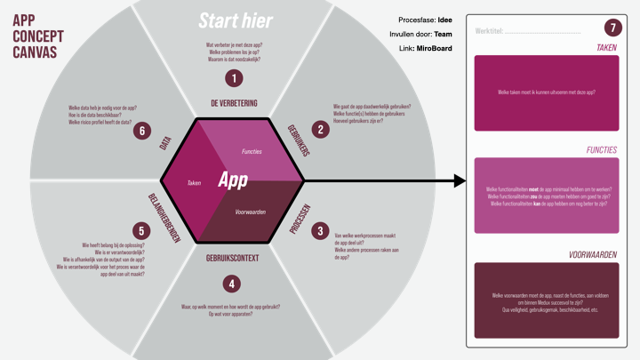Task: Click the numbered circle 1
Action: pos(234,78)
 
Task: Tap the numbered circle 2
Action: pos(322,129)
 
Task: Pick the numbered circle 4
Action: pos(233,284)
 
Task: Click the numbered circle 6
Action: pos(140,131)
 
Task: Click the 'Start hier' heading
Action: pos(235,20)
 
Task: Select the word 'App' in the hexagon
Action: pos(233,180)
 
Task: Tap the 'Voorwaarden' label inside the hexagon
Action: pos(251,212)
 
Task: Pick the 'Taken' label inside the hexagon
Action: pos(195,182)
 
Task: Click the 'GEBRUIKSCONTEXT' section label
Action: pos(233,259)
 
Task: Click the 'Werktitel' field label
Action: pos(490,30)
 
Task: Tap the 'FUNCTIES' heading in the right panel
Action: pos(601,150)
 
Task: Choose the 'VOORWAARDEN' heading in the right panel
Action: pos(593,255)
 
